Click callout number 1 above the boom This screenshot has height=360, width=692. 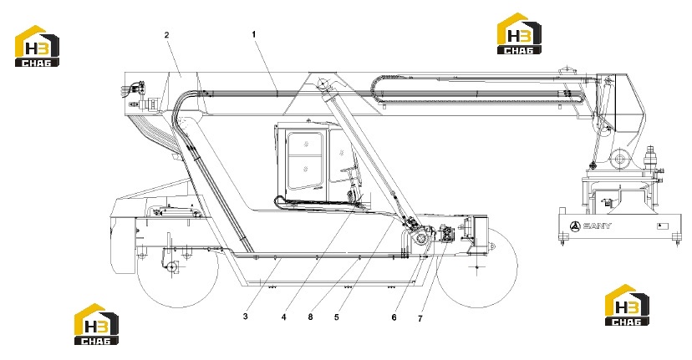[254, 34]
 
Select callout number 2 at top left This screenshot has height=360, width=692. [167, 35]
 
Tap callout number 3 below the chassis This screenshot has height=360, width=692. [246, 317]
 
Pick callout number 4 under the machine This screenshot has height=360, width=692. [284, 317]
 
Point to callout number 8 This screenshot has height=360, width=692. [311, 317]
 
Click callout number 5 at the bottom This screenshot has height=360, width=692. [337, 317]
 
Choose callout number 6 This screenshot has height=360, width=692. [394, 317]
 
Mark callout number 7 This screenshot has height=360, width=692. [420, 318]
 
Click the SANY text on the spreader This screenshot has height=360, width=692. [597, 226]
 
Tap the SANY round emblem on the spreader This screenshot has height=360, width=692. [575, 226]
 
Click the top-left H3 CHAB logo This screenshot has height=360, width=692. [37, 46]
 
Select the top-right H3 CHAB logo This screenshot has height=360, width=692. [520, 33]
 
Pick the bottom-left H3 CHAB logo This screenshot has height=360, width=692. [96, 324]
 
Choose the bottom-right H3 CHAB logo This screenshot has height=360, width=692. [627, 305]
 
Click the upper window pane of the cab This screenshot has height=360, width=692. [305, 143]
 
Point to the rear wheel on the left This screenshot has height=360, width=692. [177, 267]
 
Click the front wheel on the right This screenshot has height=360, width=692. [477, 267]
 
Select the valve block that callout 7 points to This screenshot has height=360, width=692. [445, 233]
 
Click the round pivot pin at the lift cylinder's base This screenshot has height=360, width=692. [421, 239]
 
